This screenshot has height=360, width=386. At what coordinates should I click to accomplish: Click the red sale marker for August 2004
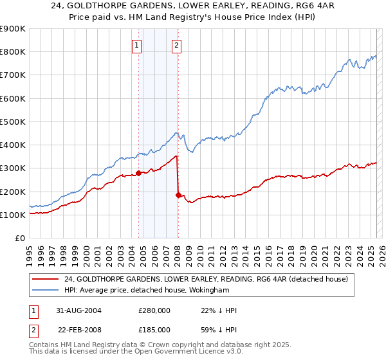(138, 173)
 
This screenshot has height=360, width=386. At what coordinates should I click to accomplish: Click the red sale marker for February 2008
(178, 195)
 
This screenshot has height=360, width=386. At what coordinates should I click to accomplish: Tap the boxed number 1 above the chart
(138, 45)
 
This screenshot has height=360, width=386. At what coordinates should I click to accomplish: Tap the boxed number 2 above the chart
(176, 45)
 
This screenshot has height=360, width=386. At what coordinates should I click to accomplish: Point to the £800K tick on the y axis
(12, 52)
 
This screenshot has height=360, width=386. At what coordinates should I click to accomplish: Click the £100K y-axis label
(12, 215)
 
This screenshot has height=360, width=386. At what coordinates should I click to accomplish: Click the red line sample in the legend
(46, 279)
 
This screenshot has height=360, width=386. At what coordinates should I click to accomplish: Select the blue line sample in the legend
(46, 290)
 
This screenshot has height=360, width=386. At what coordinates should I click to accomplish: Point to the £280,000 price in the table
(154, 310)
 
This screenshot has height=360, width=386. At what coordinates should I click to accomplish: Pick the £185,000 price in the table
(154, 330)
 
